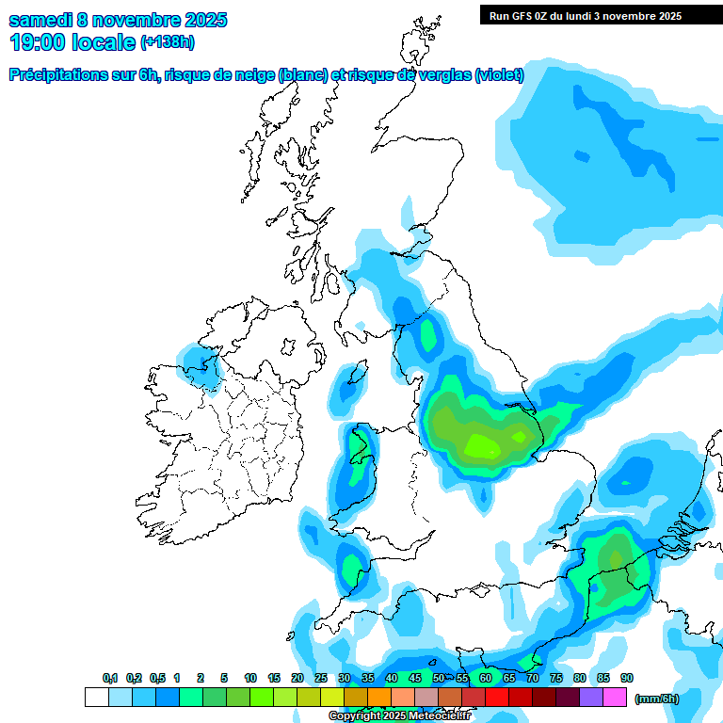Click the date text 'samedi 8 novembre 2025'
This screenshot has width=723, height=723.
pos(118,20)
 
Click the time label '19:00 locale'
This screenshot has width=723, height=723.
pos(72,42)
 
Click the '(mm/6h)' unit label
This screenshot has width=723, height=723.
pos(656,699)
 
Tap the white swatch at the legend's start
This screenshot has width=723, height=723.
pos(96,698)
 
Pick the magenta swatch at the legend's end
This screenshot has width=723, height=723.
pos(615,698)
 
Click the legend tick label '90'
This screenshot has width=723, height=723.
pos(626,679)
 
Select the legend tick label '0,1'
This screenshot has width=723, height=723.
pos(110,679)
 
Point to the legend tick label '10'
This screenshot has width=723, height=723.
pos(250,679)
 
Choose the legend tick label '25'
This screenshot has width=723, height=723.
pos(321,679)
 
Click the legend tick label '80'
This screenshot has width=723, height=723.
pos(579,679)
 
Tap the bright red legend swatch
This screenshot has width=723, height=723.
pos(497,698)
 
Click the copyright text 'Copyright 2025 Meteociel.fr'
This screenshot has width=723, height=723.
pos(399,716)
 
